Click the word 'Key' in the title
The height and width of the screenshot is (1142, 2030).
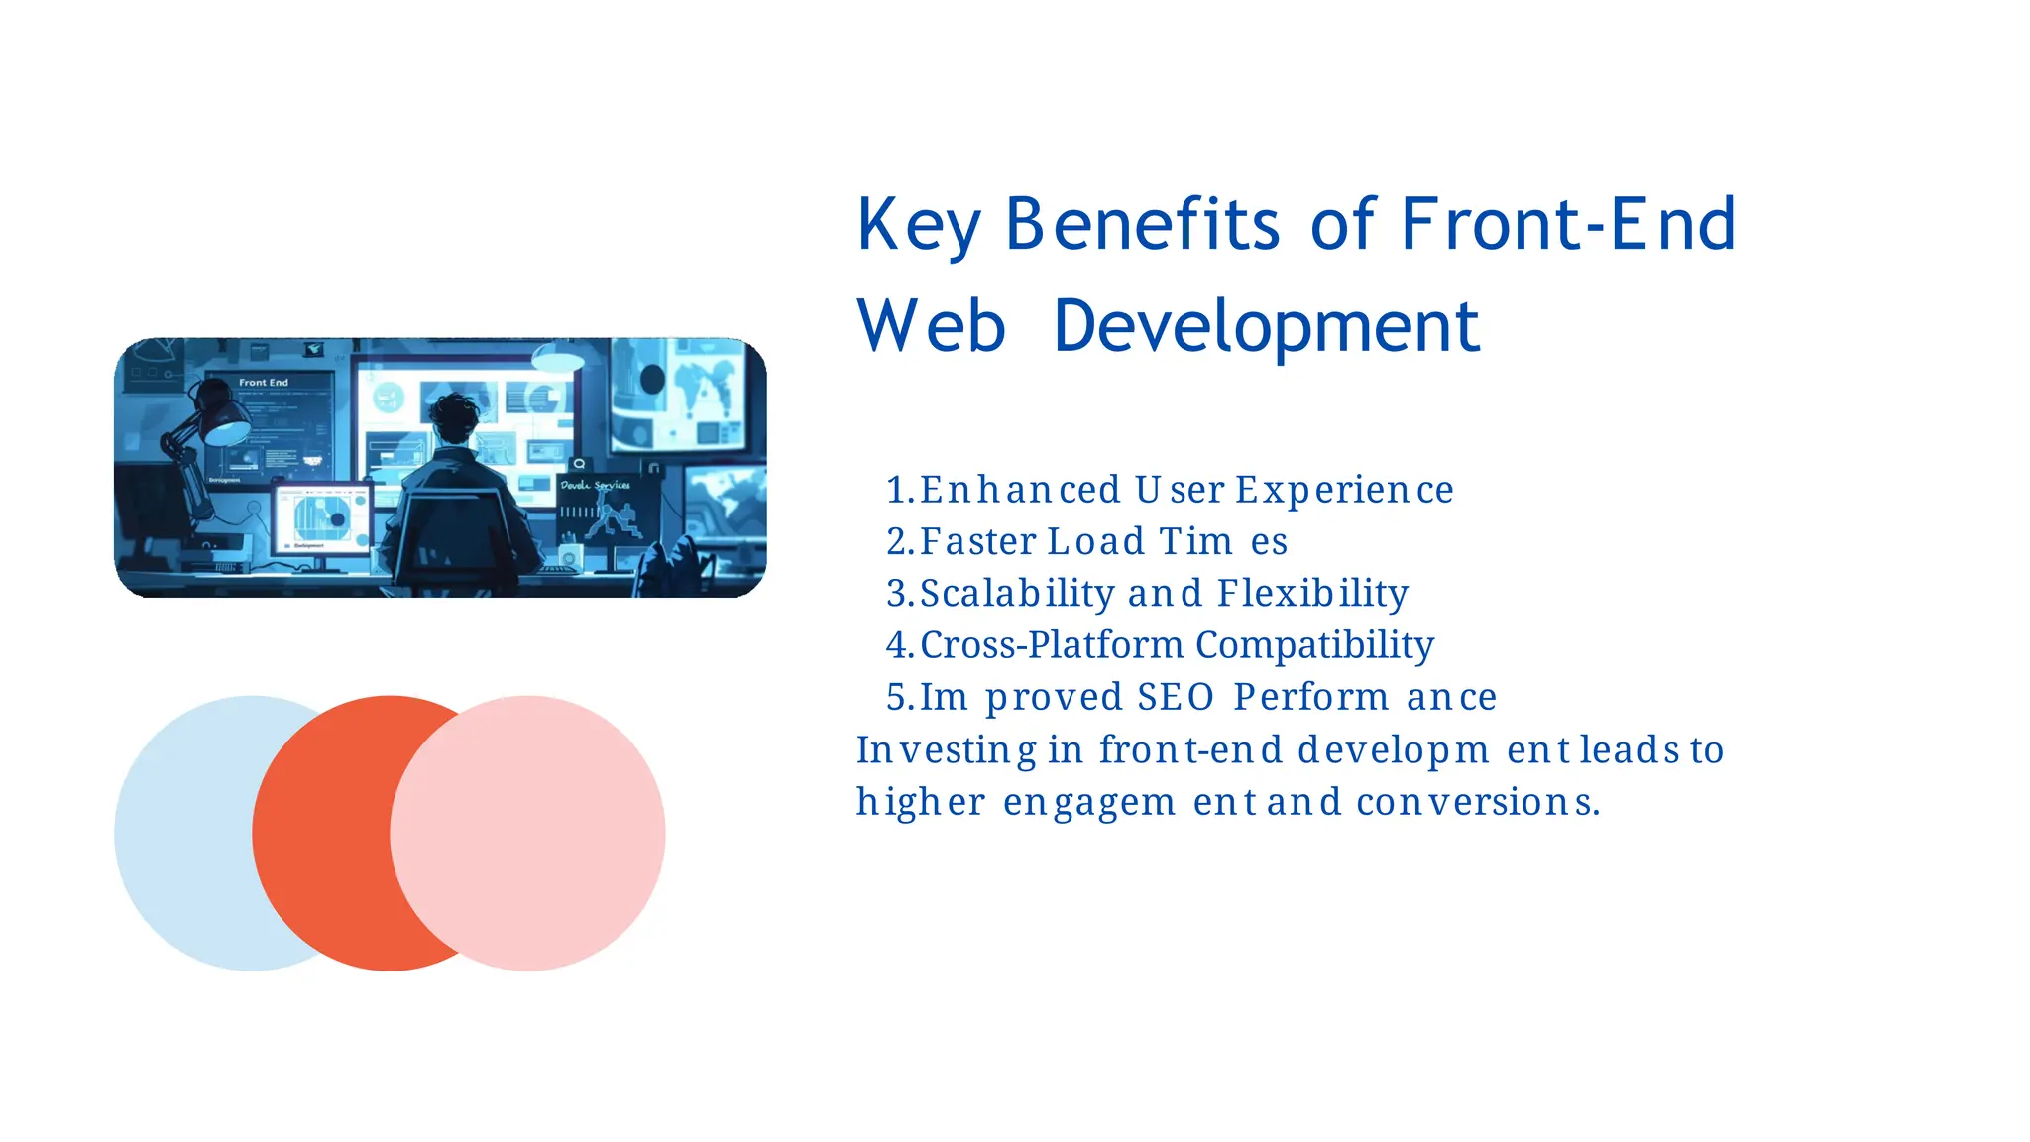(x=918, y=226)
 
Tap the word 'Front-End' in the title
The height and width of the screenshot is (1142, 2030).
(x=1567, y=224)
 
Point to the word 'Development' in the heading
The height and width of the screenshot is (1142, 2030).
(x=1266, y=327)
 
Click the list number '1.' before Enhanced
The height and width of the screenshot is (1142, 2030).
(x=900, y=490)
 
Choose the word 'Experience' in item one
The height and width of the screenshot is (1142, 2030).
(x=1344, y=490)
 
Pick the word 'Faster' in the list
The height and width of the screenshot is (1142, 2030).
(x=977, y=542)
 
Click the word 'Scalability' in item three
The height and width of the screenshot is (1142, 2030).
(x=1017, y=594)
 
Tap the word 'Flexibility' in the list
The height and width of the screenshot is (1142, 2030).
(x=1312, y=594)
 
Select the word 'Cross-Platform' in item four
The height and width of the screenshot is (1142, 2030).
(x=1052, y=645)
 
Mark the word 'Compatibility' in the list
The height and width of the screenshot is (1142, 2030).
(x=1315, y=645)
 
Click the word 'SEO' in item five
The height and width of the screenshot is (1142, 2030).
(x=1176, y=697)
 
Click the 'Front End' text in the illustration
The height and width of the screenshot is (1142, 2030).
(x=264, y=382)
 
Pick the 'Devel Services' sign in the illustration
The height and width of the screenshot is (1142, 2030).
(x=595, y=485)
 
